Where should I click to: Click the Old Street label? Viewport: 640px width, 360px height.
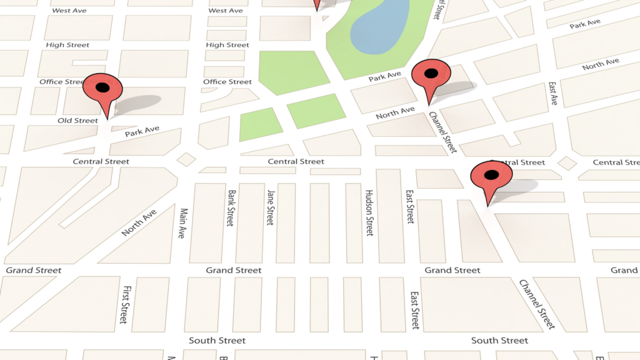(78, 121)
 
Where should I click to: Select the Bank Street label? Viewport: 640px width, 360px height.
(231, 208)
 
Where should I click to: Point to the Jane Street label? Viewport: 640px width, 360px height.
(270, 207)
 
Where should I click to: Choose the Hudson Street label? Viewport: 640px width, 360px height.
(369, 212)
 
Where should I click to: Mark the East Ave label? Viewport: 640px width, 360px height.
(553, 93)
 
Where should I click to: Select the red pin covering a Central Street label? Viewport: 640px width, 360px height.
(491, 176)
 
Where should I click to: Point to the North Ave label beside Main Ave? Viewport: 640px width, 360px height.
(139, 223)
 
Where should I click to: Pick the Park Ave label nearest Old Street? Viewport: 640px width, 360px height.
(142, 131)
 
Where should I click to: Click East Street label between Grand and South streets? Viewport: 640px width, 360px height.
(414, 310)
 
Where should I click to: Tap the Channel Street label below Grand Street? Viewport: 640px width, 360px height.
(537, 304)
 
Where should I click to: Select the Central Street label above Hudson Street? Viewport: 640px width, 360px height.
(296, 161)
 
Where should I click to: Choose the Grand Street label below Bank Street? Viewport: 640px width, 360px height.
(234, 270)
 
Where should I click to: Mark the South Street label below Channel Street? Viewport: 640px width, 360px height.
(499, 341)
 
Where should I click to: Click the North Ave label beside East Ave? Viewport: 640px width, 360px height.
(601, 64)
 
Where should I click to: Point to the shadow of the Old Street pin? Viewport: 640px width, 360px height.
(139, 103)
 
